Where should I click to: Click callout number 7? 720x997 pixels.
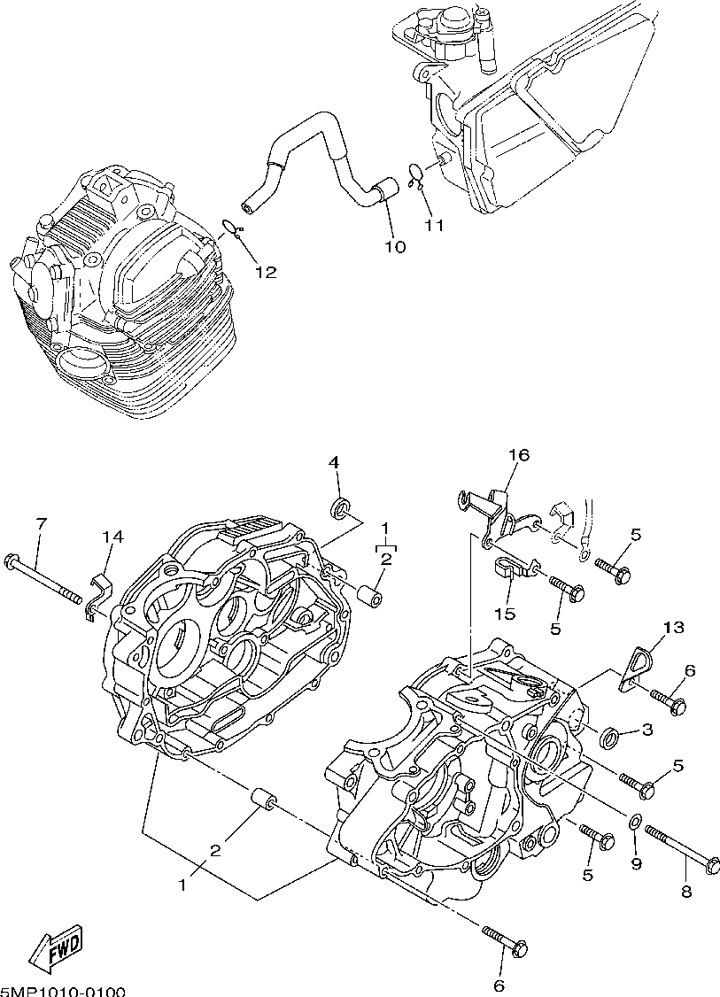point(41,523)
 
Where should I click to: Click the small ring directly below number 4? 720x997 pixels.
point(339,508)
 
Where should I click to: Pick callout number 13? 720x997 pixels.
point(673,628)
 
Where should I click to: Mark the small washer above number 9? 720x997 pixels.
point(636,824)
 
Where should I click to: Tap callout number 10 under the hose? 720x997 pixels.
point(395,247)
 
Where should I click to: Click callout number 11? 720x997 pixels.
point(434,225)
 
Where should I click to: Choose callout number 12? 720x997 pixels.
point(266,273)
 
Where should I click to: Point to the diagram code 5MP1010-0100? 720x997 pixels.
point(62,991)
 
